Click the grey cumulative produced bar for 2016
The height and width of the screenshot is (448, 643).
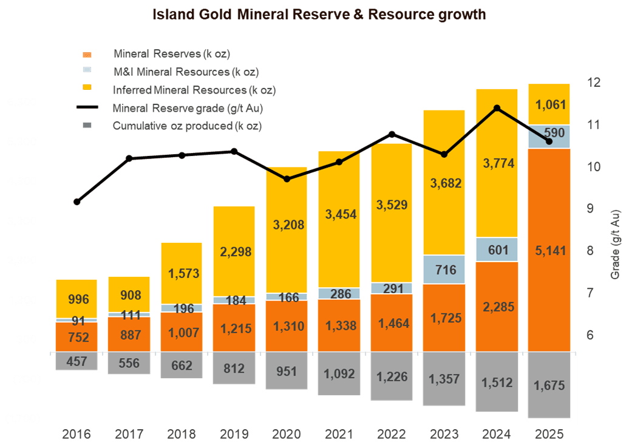click(x=77, y=361)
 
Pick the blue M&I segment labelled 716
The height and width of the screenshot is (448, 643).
click(x=444, y=269)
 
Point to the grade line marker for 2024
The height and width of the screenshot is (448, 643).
click(x=497, y=109)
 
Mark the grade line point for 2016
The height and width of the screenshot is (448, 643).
click(x=77, y=202)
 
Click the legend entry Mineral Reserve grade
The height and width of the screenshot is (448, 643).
click(x=191, y=108)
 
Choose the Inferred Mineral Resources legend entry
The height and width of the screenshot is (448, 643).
click(x=194, y=90)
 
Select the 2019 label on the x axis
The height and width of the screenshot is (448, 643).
click(x=234, y=435)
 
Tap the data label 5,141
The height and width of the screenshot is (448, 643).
click(x=549, y=250)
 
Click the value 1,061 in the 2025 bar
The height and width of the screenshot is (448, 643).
click(x=549, y=104)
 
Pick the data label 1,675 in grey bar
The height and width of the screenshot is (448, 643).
click(x=549, y=385)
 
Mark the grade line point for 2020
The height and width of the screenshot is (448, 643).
click(x=287, y=179)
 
